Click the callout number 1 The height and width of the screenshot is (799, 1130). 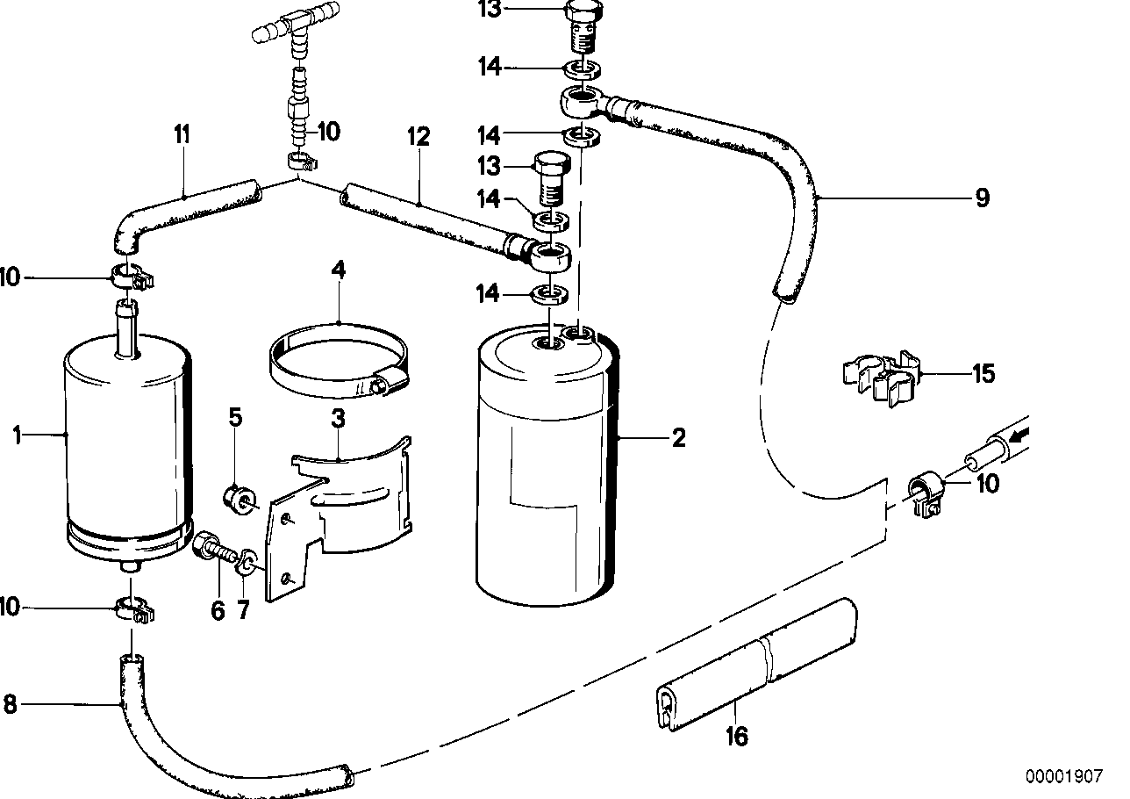pos(15,434)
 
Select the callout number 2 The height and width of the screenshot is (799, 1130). pos(677,437)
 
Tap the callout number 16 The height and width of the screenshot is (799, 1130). pos(737,737)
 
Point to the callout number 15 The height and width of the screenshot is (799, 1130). pos(983,374)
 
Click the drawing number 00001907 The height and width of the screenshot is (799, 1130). pos(1063,777)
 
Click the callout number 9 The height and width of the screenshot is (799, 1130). pos(982,198)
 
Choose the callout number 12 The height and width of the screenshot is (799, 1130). pos(418,137)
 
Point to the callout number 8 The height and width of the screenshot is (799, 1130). pos(11,705)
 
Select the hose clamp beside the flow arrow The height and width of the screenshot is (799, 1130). pos(926,494)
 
